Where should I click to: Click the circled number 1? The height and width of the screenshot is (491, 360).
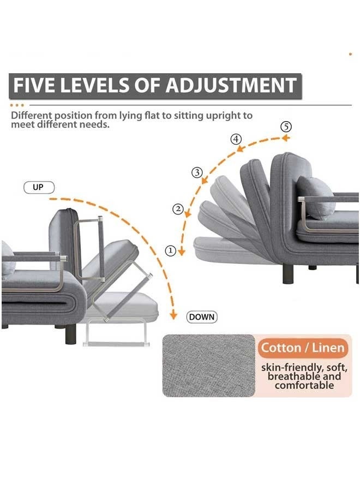pyautogui.click(x=171, y=250)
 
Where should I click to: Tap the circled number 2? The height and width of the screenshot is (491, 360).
pyautogui.click(x=178, y=208)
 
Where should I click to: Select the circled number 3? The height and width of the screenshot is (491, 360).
pyautogui.click(x=197, y=172)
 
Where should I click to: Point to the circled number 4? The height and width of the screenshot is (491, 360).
pyautogui.click(x=236, y=139)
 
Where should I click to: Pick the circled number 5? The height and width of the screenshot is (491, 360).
pyautogui.click(x=286, y=126)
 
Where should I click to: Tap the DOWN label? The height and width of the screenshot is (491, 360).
pyautogui.click(x=202, y=316)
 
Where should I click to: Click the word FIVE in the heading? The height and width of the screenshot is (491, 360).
pyautogui.click(x=37, y=86)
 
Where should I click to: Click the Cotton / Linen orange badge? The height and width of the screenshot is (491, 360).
pyautogui.click(x=303, y=348)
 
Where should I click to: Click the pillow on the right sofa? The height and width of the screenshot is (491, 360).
pyautogui.click(x=315, y=196)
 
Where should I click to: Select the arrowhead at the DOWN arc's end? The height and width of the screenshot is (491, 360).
pyautogui.click(x=173, y=315)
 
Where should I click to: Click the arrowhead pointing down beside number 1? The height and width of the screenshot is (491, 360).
pyautogui.click(x=182, y=252)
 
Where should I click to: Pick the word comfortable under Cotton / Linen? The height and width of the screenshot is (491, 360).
pyautogui.click(x=304, y=386)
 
